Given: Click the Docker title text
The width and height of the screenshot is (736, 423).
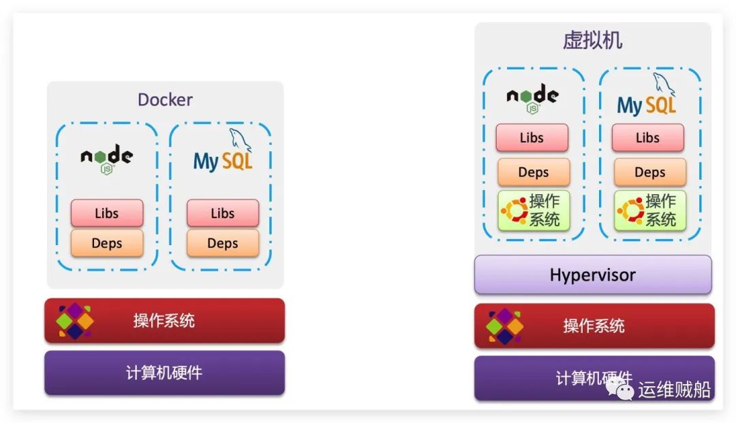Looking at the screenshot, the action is [165, 99].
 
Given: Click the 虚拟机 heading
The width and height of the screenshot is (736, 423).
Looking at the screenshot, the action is [592, 40].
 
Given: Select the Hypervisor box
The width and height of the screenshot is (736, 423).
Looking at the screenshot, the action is [593, 275].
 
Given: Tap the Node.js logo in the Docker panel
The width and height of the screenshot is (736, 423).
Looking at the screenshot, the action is [106, 159].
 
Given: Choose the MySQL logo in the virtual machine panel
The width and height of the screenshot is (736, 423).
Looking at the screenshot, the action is [647, 95].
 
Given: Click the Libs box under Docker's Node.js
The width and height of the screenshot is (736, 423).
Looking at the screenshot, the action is [107, 213].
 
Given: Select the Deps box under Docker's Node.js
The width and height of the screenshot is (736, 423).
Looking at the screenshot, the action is [107, 243].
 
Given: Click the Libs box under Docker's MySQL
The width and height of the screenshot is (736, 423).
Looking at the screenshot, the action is [223, 213].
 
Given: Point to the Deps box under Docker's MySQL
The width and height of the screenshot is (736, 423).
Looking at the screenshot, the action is [223, 243].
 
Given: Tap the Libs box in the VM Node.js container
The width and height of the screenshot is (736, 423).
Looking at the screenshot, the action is [532, 138].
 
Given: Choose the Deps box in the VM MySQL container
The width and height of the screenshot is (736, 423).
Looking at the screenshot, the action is [650, 172].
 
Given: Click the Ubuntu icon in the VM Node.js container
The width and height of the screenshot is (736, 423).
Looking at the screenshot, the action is [515, 210].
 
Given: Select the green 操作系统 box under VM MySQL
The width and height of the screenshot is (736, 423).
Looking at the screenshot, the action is [650, 210].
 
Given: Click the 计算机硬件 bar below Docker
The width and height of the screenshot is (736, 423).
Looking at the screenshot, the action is [165, 373].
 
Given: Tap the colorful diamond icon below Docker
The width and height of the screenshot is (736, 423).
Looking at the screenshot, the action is [74, 321].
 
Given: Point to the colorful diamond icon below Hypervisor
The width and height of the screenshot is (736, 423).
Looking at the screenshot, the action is [504, 326].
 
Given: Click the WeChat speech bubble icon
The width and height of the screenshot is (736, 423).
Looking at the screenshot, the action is [619, 389].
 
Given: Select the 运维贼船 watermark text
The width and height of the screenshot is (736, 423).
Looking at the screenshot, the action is [674, 390].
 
